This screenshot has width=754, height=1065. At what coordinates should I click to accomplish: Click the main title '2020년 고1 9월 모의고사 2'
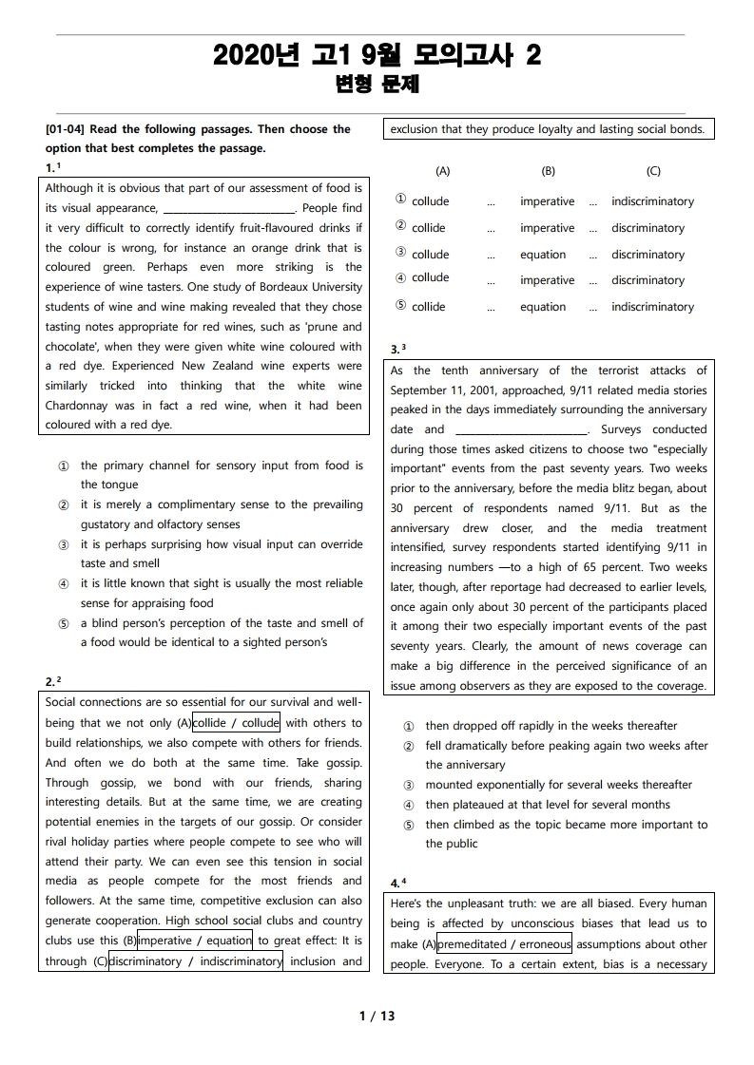coord(377,56)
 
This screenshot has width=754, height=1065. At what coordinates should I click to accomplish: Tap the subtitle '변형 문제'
coord(377,86)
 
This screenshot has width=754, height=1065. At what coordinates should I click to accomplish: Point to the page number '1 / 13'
coord(377,1016)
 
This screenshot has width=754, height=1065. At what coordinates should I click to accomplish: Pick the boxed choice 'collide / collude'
coord(236,723)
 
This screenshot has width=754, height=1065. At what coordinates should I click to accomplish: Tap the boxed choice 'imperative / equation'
coord(195,941)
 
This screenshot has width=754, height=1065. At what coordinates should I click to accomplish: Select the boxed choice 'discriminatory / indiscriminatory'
coord(196,960)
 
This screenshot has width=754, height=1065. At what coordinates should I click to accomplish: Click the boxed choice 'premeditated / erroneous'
coord(504,944)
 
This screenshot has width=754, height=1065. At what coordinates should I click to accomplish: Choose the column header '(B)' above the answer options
coord(548,172)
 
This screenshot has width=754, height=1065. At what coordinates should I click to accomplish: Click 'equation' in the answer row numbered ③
coord(543,255)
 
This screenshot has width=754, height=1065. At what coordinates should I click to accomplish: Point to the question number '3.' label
coord(396,349)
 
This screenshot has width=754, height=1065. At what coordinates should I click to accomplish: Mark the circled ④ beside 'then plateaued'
coord(409,805)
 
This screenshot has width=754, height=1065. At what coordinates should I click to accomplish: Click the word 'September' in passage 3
coord(419,390)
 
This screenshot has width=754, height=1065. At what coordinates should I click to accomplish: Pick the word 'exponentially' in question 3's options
coord(521,785)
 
